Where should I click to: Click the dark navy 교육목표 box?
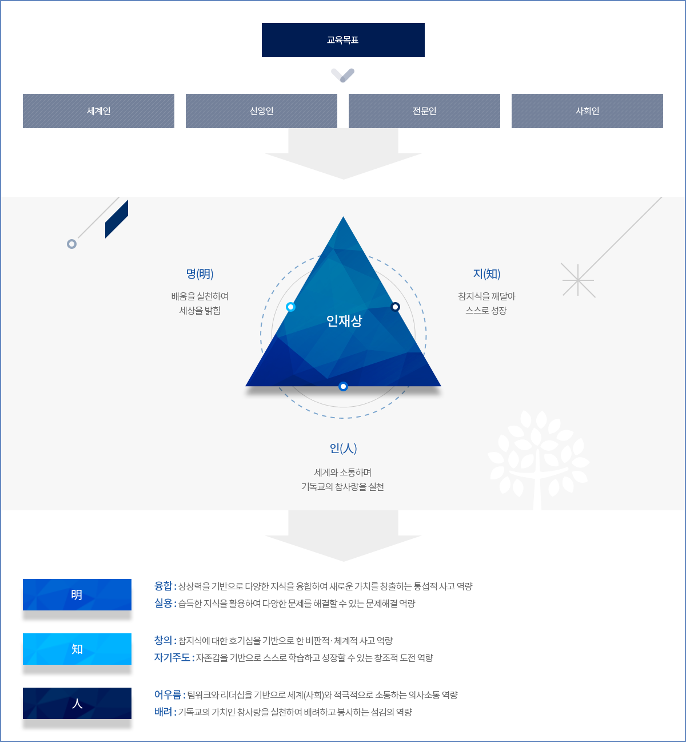[343, 40]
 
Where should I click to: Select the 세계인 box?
[98, 111]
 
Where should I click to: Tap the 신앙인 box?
[261, 111]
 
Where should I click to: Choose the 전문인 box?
[424, 111]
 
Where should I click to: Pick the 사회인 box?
[587, 111]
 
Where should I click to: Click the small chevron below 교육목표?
[343, 75]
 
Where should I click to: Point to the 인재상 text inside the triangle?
[344, 321]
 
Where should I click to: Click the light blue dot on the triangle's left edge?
[290, 307]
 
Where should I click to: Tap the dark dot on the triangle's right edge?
[395, 307]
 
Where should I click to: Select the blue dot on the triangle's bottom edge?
[343, 387]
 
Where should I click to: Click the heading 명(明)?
[200, 274]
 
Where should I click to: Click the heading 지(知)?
[486, 274]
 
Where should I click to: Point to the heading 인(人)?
[343, 449]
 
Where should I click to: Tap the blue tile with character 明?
[77, 595]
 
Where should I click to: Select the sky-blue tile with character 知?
[77, 649]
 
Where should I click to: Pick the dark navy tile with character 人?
[77, 704]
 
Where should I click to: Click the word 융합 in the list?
[163, 586]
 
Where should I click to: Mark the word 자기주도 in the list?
[171, 657]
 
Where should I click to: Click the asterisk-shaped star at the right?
[578, 280]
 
